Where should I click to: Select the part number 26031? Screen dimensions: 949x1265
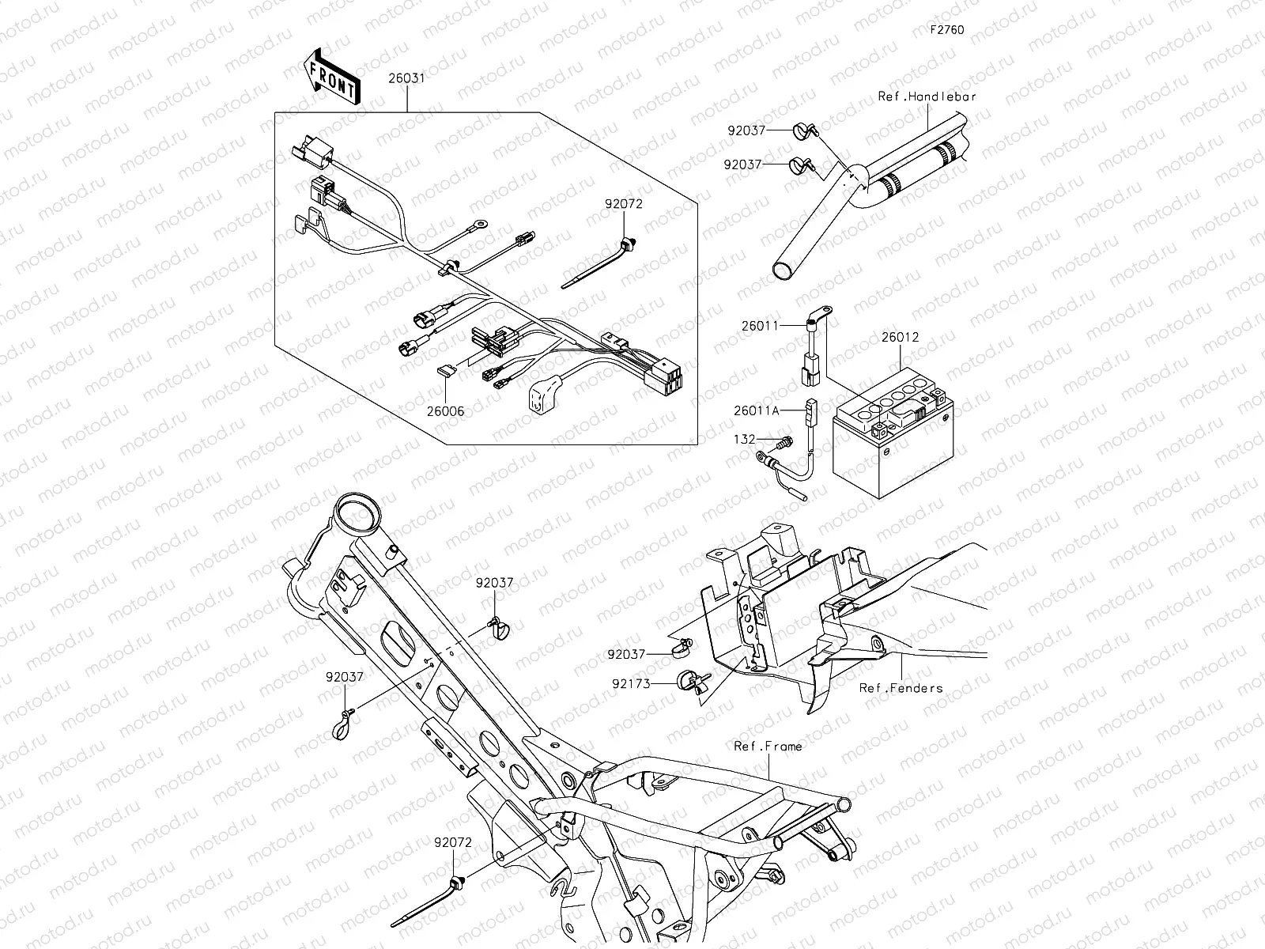406,79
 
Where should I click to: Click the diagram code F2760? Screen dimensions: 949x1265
946,31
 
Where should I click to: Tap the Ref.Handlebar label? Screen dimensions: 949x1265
927,96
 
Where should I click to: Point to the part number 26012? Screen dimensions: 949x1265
900,338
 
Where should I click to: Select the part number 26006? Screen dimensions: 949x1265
445,411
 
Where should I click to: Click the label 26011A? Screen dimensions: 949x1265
756,410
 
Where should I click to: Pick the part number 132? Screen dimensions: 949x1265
744,439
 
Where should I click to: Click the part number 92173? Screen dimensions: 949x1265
630,683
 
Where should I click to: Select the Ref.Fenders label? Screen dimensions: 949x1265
901,688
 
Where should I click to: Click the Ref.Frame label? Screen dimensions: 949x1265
767,746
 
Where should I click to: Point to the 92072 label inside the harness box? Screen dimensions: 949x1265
624,203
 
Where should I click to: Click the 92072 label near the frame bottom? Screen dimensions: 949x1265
452,843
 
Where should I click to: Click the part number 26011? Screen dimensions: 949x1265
759,325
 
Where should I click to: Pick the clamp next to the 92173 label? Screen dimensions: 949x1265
691,681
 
